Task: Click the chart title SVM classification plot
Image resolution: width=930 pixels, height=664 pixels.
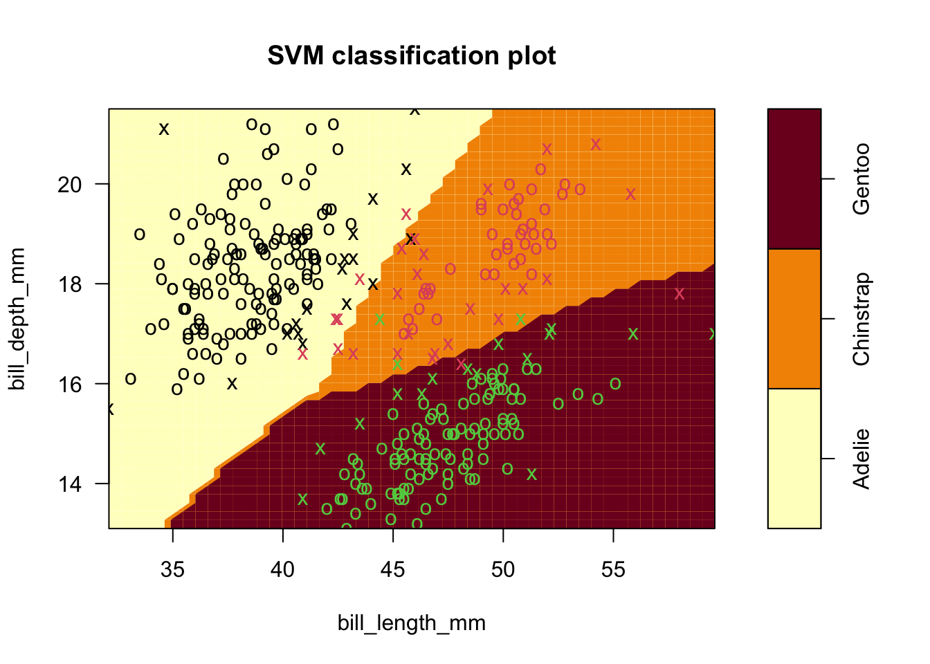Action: [412, 55]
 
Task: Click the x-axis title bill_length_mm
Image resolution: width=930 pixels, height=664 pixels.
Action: [412, 623]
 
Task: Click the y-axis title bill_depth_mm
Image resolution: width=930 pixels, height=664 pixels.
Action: [18, 319]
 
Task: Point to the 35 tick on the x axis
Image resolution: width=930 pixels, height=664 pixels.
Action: [172, 570]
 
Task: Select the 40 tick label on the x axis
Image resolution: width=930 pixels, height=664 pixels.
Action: [282, 570]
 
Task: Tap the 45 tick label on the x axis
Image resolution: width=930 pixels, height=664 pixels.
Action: [393, 570]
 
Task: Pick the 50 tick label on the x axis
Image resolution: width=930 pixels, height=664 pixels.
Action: [503, 570]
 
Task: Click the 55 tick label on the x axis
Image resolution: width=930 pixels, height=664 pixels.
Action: [614, 570]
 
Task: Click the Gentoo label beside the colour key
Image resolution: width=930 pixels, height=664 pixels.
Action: [861, 178]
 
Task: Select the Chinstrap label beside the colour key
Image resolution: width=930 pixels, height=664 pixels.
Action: [861, 319]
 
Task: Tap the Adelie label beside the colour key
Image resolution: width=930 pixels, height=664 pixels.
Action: [861, 459]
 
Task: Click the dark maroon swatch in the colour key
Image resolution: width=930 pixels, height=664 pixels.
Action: [794, 178]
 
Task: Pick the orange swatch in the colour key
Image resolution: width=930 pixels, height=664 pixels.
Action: [794, 319]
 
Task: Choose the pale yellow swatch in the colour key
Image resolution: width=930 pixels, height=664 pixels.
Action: [794, 459]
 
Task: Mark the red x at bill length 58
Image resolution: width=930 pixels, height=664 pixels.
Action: [680, 294]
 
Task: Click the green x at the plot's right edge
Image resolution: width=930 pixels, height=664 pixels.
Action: [713, 334]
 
